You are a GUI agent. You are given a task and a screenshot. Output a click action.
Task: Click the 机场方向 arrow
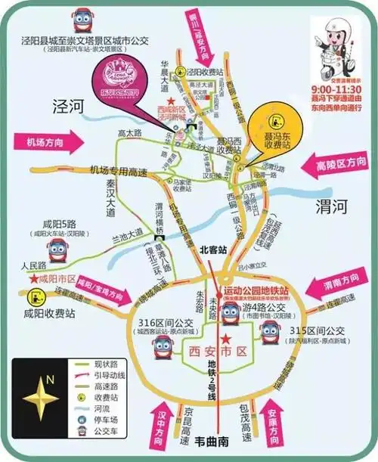51,142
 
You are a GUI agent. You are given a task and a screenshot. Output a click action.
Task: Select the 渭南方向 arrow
339,287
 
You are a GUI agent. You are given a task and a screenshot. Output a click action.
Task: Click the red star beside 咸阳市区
33,279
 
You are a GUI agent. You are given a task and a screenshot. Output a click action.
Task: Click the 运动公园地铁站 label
260,289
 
